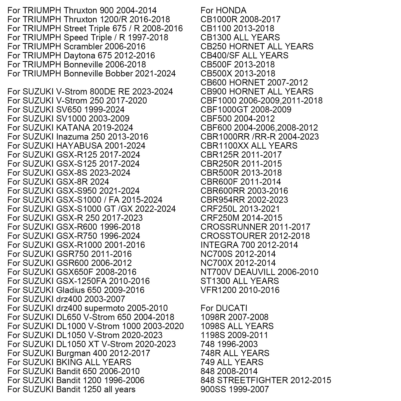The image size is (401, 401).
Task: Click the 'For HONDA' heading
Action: (x=223, y=11)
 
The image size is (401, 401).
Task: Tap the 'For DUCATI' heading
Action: (x=224, y=308)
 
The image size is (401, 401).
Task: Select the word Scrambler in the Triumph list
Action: (x=83, y=47)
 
